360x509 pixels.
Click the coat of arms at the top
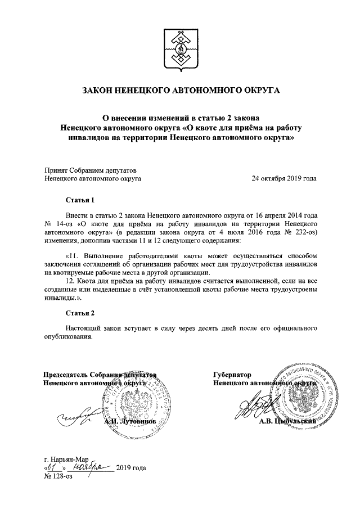[x=180, y=50]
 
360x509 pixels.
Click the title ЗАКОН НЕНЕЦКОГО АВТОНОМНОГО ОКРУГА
[x=180, y=91]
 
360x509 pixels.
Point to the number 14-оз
[x=65, y=223]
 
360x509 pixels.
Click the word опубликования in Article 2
[x=67, y=337]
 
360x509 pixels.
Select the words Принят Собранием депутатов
[x=90, y=170]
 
